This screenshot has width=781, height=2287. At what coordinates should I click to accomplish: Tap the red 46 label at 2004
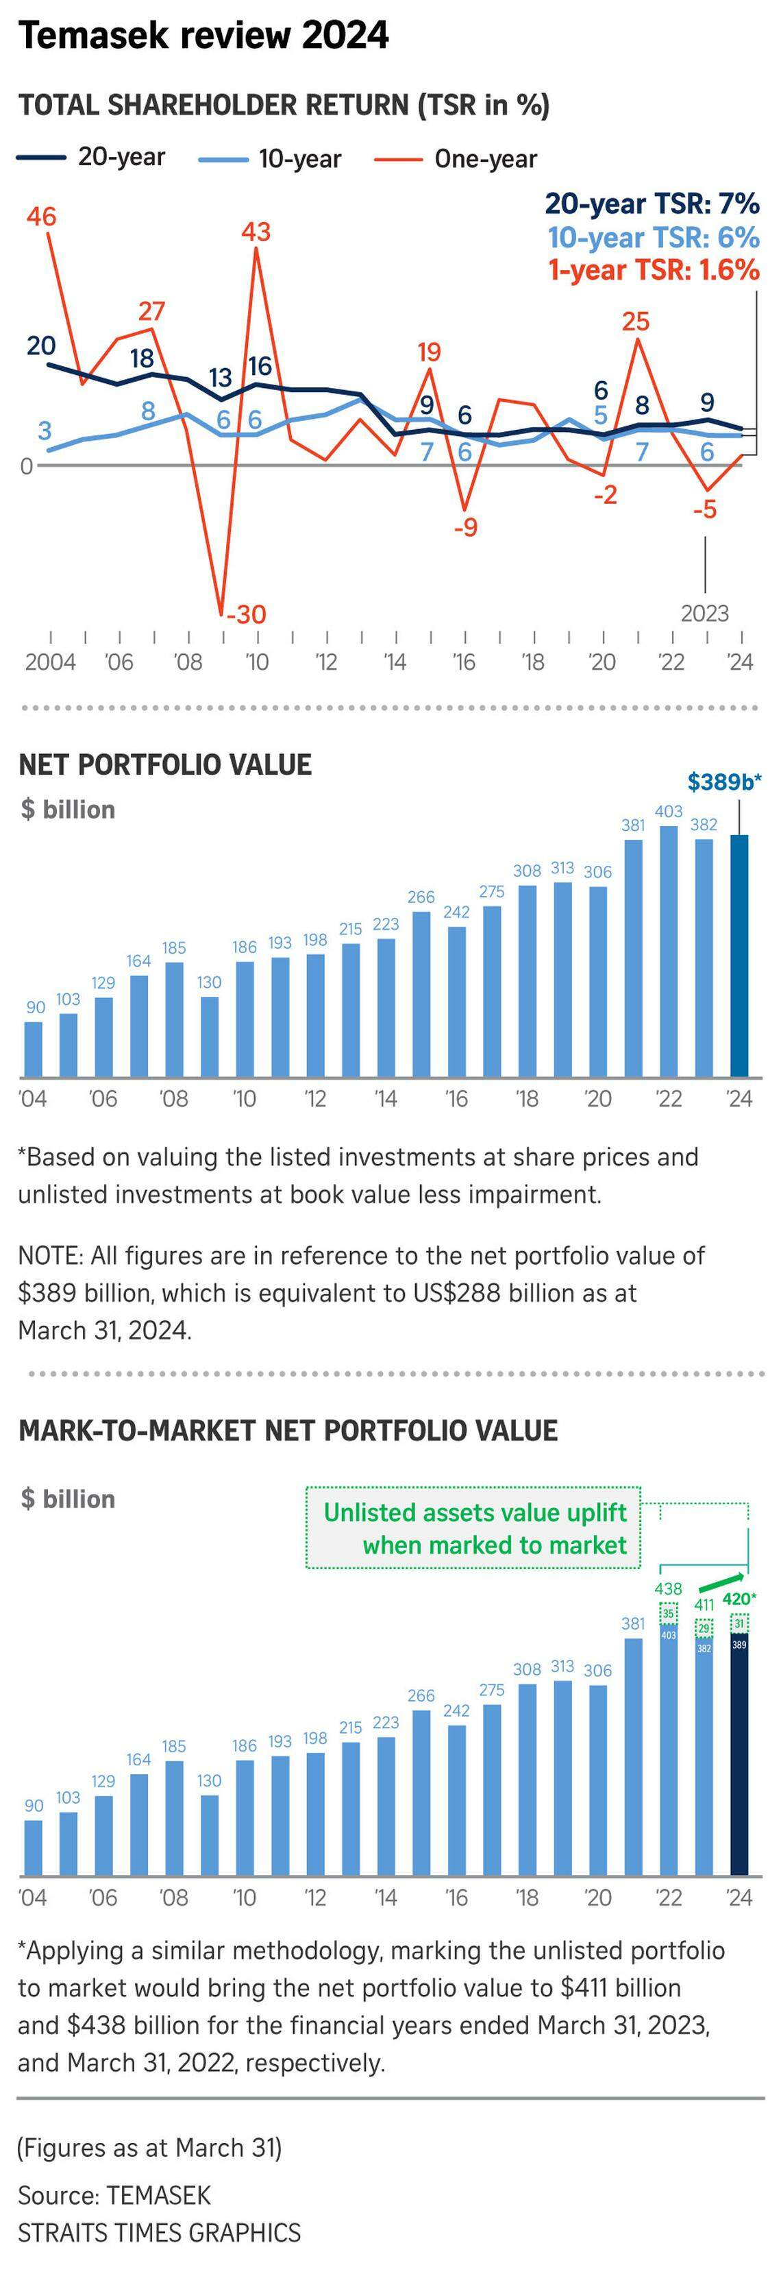tap(41, 217)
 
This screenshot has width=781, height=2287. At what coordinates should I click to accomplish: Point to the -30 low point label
tap(245, 614)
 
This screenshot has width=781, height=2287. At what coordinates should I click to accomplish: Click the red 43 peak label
tap(256, 232)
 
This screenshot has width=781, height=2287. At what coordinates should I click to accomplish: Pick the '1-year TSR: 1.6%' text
tap(653, 270)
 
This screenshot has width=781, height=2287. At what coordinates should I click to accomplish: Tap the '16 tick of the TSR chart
tap(464, 662)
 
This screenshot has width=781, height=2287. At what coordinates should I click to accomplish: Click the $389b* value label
tap(724, 782)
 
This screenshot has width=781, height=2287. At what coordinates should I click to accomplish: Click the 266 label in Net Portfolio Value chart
tap(421, 897)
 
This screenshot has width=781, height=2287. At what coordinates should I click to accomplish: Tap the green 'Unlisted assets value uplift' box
tap(473, 1527)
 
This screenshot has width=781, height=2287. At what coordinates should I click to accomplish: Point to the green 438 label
tap(668, 1588)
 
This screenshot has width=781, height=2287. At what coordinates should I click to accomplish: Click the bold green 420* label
tap(739, 1599)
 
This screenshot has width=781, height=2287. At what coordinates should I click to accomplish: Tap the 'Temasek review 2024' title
tap(203, 36)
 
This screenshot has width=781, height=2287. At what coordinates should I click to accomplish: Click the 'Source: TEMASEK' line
tap(114, 2196)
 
